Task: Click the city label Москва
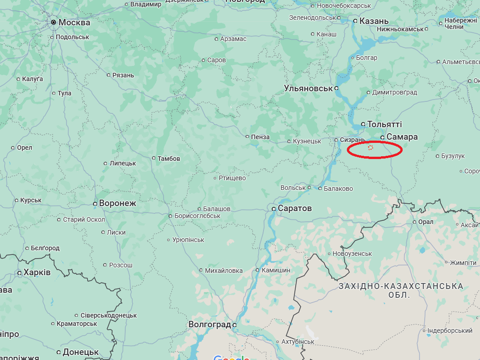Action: tap(74, 23)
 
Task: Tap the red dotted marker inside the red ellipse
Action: tap(370, 148)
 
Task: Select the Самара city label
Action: tap(402, 137)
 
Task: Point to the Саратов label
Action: tap(295, 208)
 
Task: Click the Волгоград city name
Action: tap(209, 325)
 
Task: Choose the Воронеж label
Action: tap(117, 203)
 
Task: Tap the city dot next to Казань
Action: tap(355, 21)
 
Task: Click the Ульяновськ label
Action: tap(308, 88)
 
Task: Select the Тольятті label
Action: tap(384, 124)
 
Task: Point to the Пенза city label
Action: tap(260, 137)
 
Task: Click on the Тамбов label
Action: tap(169, 159)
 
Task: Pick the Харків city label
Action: tap(37, 272)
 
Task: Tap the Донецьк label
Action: tap(80, 352)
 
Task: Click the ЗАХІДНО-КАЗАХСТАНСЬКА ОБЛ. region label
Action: tap(400, 290)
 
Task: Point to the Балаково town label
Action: tap(338, 189)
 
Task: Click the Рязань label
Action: tap(123, 75)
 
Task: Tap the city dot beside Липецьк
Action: tap(105, 164)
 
